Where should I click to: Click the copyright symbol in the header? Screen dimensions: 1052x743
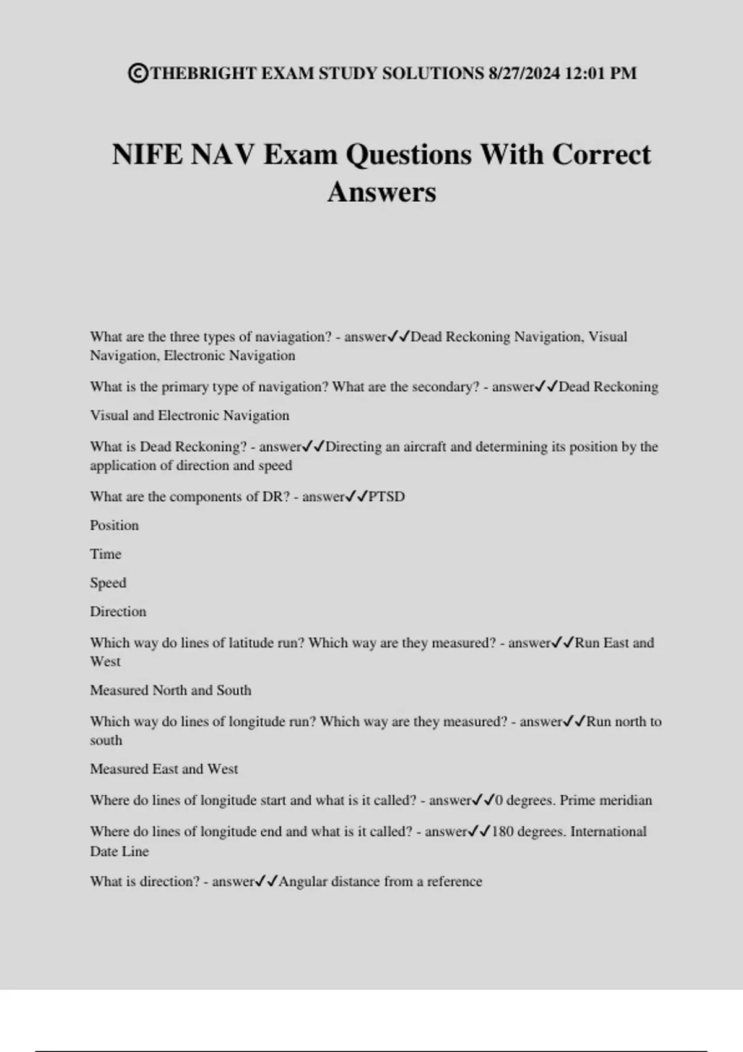click(138, 74)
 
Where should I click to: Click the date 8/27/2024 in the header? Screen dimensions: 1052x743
click(524, 74)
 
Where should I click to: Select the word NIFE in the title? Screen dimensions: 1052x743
click(147, 155)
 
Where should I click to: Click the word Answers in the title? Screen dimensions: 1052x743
click(381, 192)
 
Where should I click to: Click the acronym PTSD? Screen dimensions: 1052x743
click(386, 497)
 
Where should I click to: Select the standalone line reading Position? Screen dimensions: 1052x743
click(115, 525)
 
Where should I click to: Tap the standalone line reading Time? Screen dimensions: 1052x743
click(106, 554)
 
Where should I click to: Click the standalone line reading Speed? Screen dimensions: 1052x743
click(108, 583)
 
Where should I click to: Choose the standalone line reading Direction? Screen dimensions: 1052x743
click(118, 611)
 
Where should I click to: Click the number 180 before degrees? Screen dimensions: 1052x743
click(503, 832)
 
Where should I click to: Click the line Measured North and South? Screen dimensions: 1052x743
click(171, 691)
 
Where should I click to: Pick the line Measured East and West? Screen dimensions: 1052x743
click(164, 769)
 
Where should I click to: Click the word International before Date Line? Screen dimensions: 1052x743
click(608, 832)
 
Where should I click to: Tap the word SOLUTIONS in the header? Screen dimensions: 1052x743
click(433, 74)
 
